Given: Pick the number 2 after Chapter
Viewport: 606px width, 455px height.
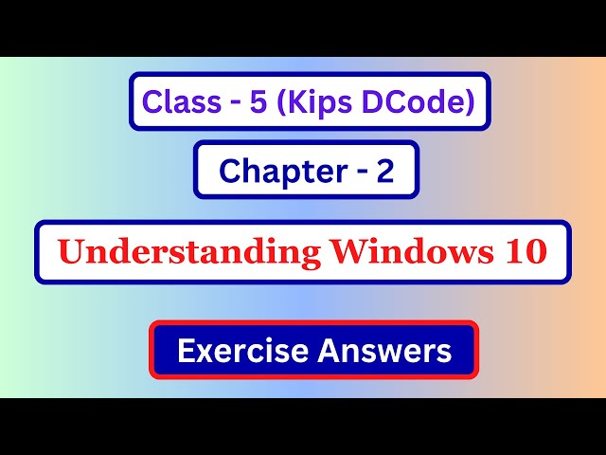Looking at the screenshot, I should click(x=383, y=171).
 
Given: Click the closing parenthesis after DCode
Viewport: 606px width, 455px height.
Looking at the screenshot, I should click(x=470, y=100).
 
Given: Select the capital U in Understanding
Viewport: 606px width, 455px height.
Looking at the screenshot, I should click(x=69, y=252).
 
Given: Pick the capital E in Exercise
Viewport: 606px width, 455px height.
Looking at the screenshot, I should click(x=186, y=351).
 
